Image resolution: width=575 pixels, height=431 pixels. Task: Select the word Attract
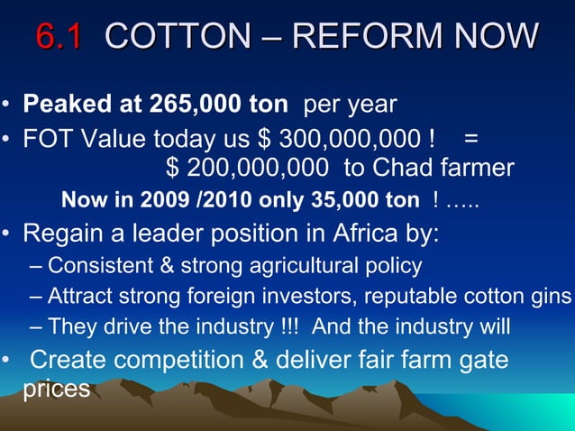[x=78, y=297]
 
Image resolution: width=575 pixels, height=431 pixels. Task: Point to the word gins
[x=552, y=297]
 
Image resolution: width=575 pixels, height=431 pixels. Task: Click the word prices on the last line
[x=56, y=390]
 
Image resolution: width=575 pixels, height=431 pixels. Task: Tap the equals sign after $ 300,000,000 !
[x=470, y=140]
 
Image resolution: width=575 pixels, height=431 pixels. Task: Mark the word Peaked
[x=61, y=104]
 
